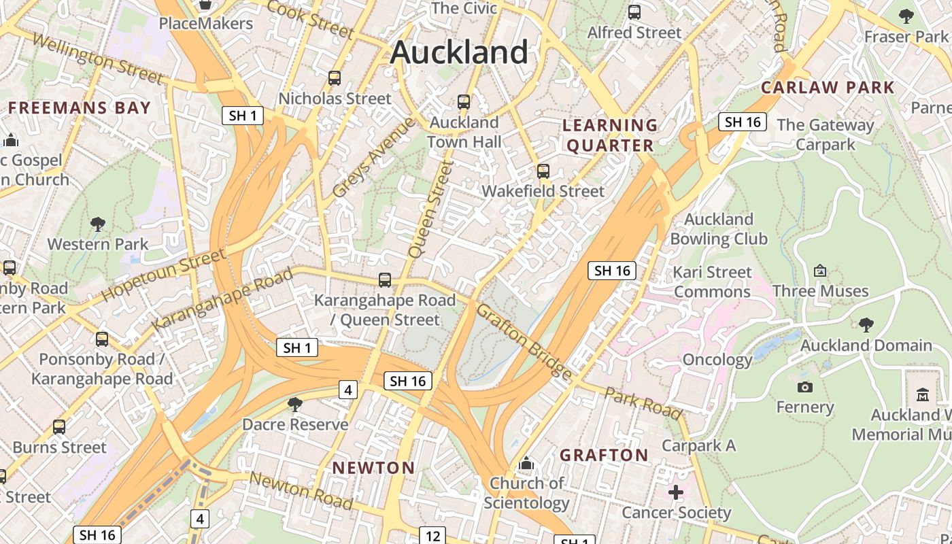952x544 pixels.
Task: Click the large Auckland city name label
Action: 459,52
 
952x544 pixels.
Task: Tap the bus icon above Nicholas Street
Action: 334,78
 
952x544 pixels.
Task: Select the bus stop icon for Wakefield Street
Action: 543,171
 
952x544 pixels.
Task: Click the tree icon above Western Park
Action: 98,224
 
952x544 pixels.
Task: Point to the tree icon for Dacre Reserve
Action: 295,405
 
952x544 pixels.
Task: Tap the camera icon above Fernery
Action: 804,387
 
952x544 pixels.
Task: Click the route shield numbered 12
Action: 432,536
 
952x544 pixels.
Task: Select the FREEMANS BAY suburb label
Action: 79,108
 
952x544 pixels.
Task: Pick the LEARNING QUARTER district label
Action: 610,135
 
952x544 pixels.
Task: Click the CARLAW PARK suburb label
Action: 828,87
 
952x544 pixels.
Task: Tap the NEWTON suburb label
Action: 373,468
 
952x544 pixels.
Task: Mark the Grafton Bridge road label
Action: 523,341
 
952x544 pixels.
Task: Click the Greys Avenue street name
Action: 373,158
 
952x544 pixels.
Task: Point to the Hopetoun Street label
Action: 163,275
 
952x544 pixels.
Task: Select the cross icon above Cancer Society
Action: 675,492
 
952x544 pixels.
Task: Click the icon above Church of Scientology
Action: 526,464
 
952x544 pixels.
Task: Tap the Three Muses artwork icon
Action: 820,271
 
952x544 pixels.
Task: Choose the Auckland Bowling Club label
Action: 719,229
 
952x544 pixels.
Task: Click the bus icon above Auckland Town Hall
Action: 464,102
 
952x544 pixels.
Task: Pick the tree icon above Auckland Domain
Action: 866,324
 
